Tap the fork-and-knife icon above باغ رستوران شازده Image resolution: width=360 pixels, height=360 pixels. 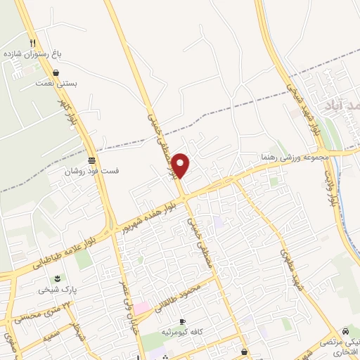pos(32,43)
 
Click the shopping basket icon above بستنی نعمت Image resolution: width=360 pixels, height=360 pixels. pos(56,72)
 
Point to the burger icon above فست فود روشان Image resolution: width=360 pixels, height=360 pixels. pos(91,160)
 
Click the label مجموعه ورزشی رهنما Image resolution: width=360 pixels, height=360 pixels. pos(295,156)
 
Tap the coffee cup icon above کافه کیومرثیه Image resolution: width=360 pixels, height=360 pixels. pos(184,321)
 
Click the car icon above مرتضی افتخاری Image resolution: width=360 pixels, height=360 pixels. pos(345,331)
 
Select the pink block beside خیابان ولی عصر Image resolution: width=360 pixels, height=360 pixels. pos(141,308)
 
